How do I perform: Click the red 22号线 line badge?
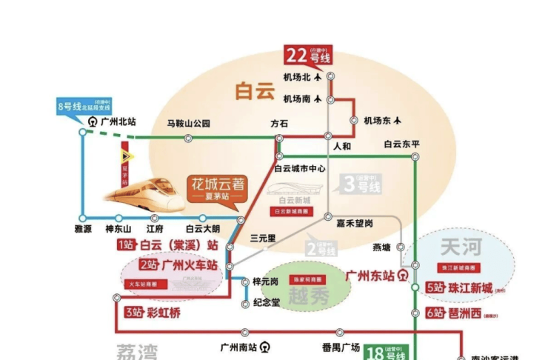307,56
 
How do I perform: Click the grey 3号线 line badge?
362,184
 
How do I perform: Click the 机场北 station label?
298,76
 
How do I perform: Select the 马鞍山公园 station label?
189,124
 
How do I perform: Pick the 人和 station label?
342,146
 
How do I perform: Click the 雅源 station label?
83,230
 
